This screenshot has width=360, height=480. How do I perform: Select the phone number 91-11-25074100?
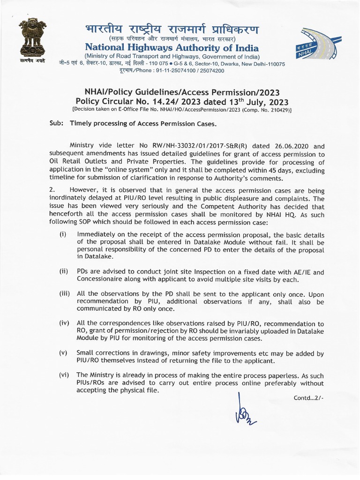pyautogui.click(x=180, y=71)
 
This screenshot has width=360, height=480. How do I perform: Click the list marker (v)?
pyautogui.click(x=63, y=352)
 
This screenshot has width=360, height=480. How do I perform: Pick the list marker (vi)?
pyautogui.click(x=64, y=375)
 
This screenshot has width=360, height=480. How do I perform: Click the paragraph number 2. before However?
pyautogui.click(x=52, y=189)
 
